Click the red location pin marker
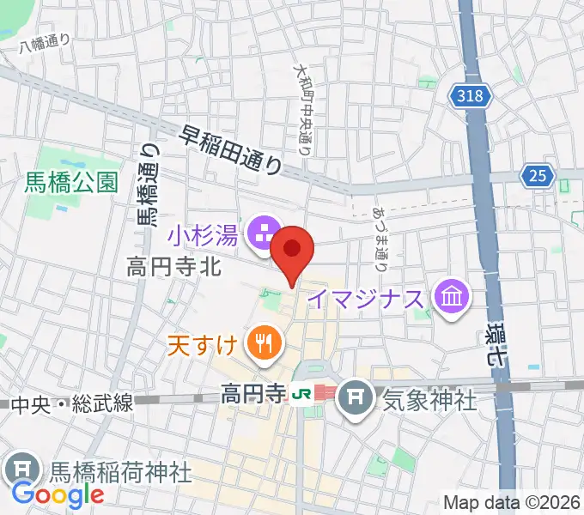pyautogui.click(x=292, y=251)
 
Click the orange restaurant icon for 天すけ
pyautogui.click(x=261, y=345)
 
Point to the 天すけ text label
pyautogui.click(x=202, y=346)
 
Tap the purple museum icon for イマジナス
pyautogui.click(x=450, y=298)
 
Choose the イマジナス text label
pyautogui.click(x=367, y=299)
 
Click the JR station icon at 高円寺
pyautogui.click(x=301, y=395)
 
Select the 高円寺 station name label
pyautogui.click(x=252, y=395)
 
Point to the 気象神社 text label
pyautogui.click(x=429, y=399)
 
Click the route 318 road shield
pyautogui.click(x=471, y=96)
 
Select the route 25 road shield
pyautogui.click(x=537, y=176)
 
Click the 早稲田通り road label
pyautogui.click(x=232, y=148)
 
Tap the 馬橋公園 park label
pyautogui.click(x=70, y=182)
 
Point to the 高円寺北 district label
pyautogui.click(x=174, y=267)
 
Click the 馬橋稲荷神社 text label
pyautogui.click(x=119, y=470)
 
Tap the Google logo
pyautogui.click(x=58, y=494)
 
